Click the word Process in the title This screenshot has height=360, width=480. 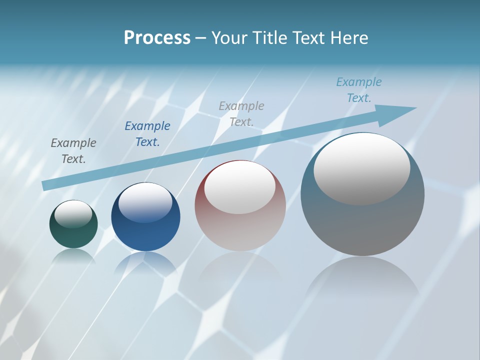point(157,38)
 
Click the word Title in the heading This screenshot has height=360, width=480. point(270,38)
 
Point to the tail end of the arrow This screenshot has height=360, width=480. point(46,185)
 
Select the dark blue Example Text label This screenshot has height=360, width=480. point(147,134)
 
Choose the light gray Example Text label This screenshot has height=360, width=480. point(241,113)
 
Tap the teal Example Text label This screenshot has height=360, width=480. point(359,90)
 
